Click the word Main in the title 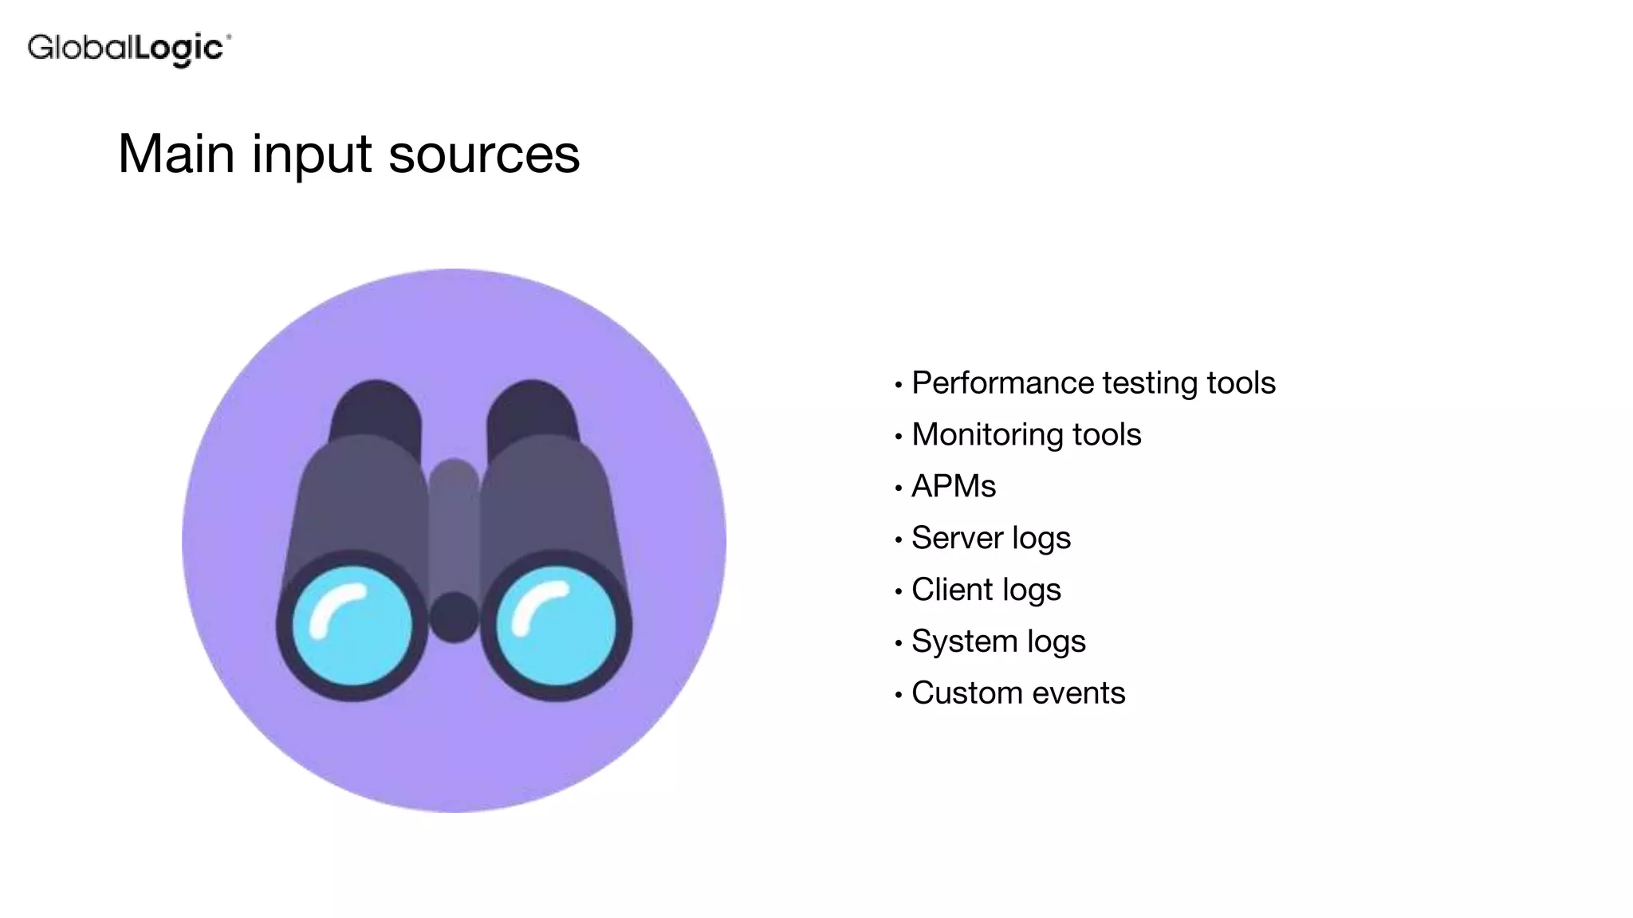(176, 154)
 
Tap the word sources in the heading (484, 154)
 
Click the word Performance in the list (1002, 383)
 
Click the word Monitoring (986, 435)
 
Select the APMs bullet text (954, 486)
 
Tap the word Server (957, 538)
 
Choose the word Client (951, 590)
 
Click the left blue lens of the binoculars (352, 625)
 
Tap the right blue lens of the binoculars (556, 625)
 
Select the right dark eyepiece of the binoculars (532, 410)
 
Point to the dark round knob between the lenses (454, 617)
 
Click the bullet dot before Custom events (899, 696)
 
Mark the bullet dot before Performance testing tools (899, 386)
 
